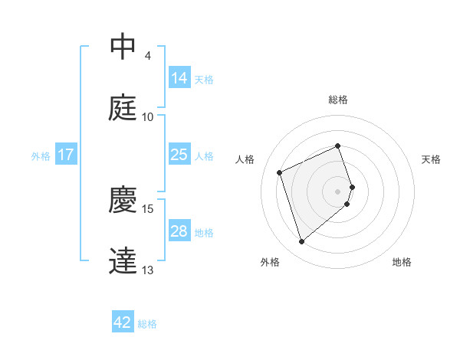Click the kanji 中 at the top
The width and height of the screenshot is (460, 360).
(123, 47)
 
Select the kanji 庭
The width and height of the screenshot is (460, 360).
(123, 108)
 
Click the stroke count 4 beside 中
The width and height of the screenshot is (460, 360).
(147, 56)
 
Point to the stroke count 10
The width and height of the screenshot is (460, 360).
(148, 117)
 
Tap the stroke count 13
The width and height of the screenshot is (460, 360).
(148, 270)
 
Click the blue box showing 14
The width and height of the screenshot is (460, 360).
(179, 77)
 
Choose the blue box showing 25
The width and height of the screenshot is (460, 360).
(179, 155)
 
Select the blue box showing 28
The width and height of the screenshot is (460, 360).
(179, 231)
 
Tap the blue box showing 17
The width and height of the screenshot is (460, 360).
(66, 155)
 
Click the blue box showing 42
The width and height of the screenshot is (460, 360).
(123, 322)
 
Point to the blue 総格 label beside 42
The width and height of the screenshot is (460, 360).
(148, 324)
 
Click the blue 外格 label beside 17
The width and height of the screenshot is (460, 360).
(41, 156)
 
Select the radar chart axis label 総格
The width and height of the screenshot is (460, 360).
(337, 100)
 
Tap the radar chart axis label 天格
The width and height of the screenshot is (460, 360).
(432, 159)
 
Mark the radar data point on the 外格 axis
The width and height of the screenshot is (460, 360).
(301, 242)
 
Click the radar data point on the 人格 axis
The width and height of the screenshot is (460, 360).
(281, 172)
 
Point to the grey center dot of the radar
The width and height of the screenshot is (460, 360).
(338, 190)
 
